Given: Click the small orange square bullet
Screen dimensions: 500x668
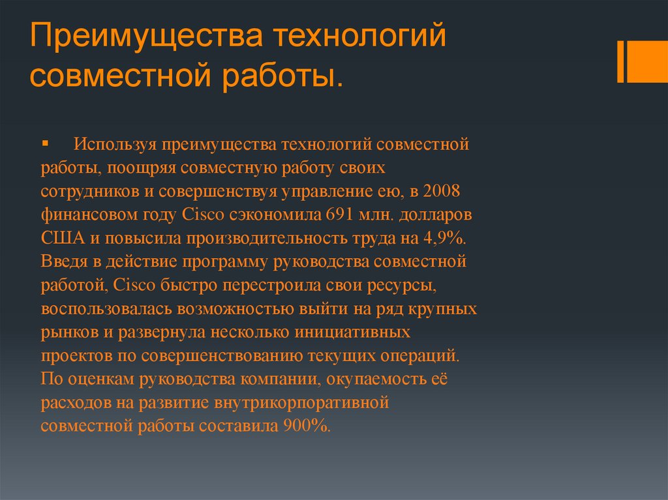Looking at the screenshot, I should pos(45,142).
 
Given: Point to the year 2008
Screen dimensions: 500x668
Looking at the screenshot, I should pos(442,190).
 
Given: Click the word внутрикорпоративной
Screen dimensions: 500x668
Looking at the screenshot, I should pos(301,403).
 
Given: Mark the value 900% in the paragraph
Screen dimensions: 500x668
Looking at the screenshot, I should pos(307,426).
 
